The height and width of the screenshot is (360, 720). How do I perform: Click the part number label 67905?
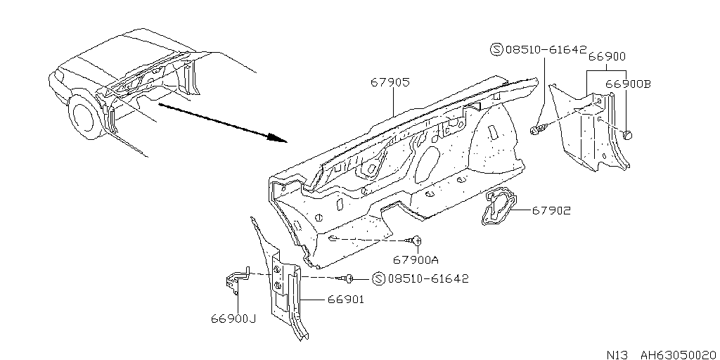390,83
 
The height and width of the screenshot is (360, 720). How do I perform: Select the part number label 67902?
551,211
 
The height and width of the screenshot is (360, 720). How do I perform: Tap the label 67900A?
416,260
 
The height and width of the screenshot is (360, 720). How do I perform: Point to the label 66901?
346,300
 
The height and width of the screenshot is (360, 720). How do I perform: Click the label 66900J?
233,319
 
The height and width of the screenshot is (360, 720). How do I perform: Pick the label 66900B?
628,84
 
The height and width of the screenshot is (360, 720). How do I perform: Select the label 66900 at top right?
607,56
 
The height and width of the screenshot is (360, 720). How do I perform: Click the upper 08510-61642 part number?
546,49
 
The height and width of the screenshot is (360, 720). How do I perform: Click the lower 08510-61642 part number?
428,278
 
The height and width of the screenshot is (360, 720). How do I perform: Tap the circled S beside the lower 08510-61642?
378,278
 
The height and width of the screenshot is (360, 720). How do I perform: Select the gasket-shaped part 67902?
499,208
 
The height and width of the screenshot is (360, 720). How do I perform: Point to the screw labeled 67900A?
415,240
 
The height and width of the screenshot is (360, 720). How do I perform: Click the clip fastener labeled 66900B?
628,135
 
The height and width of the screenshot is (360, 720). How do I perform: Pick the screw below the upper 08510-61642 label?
539,129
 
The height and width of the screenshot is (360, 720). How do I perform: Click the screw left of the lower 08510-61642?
346,277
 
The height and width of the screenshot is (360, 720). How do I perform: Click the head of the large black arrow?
277,137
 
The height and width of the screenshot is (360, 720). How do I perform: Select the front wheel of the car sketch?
85,117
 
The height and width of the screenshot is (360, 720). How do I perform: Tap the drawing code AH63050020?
678,355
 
